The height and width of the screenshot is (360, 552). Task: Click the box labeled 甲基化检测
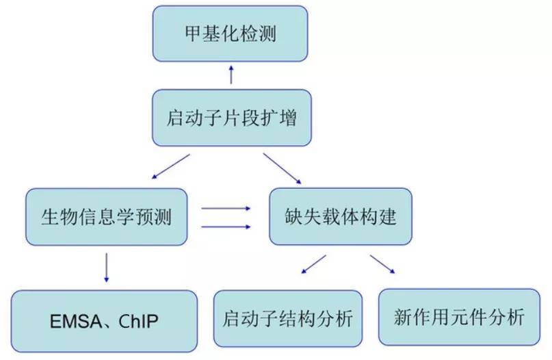[231, 34]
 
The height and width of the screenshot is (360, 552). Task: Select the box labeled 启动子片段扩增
[231, 117]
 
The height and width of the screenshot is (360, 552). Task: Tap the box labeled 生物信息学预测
[106, 217]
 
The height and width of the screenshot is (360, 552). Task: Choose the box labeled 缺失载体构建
[340, 217]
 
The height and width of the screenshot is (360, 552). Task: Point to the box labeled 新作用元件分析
[459, 317]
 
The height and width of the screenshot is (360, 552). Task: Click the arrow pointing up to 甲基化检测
[231, 75]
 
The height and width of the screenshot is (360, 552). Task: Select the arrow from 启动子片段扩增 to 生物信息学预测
[170, 166]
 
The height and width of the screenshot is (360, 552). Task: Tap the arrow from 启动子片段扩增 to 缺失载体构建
[282, 168]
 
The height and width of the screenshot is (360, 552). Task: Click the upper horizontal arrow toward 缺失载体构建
[225, 207]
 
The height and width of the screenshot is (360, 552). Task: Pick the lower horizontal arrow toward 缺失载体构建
[225, 227]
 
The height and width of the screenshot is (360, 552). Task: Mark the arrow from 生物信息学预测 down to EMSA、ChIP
[106, 267]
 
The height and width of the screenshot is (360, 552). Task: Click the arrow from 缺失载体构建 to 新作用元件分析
[383, 264]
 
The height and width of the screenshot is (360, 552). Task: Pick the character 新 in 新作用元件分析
[403, 318]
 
